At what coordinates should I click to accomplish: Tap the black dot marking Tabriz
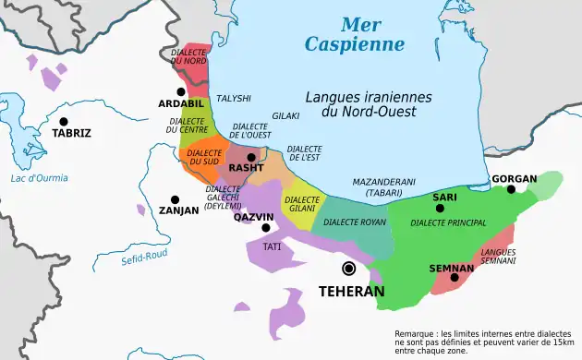coord(64,121)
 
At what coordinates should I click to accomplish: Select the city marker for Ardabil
coord(181,91)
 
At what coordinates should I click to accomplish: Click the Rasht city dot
coord(250,157)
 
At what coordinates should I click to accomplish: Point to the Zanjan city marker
coord(175,198)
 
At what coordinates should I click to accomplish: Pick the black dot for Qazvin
coord(266,227)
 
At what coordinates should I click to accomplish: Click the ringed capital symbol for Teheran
coord(348,269)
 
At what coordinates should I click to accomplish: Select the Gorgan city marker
coord(511,189)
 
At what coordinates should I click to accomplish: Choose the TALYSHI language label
coord(234,97)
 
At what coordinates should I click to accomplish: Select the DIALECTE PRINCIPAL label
coord(447,222)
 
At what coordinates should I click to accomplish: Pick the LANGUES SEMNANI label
coord(498,257)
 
